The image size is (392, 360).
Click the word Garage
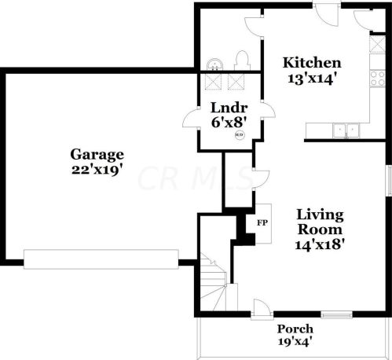pyautogui.click(x=97, y=155)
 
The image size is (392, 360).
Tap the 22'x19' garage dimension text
pyautogui.click(x=97, y=170)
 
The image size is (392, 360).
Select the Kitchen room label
pyautogui.click(x=312, y=63)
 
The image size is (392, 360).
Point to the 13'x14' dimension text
pyautogui.click(x=312, y=79)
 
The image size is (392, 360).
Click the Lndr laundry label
pyautogui.click(x=229, y=108)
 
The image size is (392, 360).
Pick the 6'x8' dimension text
pyautogui.click(x=229, y=122)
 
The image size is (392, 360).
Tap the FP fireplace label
pyautogui.click(x=262, y=223)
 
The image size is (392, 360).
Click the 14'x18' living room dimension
pyautogui.click(x=320, y=245)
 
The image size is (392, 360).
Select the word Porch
pyautogui.click(x=295, y=329)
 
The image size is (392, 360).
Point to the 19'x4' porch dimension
pyautogui.click(x=295, y=341)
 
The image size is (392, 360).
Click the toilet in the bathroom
pyautogui.click(x=242, y=61)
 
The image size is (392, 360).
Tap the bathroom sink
pyautogui.click(x=214, y=64)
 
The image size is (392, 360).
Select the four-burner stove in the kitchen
pyautogui.click(x=377, y=79)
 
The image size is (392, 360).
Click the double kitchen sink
pyautogui.click(x=346, y=130)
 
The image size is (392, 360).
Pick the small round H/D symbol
pyautogui.click(x=240, y=135)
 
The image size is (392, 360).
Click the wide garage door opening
pyautogui.click(x=101, y=259)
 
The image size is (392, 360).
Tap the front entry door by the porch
pyautogui.click(x=262, y=309)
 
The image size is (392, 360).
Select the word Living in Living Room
pyautogui.click(x=320, y=215)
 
